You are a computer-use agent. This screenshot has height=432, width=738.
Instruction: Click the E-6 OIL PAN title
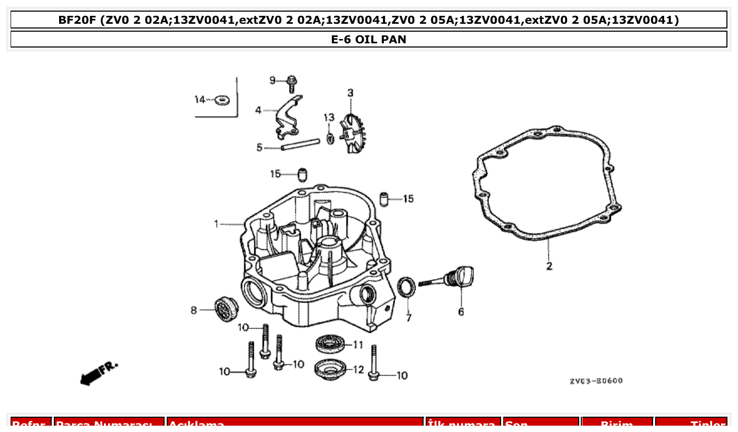tap(369, 40)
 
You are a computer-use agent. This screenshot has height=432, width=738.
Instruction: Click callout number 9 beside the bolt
tap(272, 80)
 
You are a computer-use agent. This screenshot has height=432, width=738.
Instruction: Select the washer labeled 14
tap(222, 99)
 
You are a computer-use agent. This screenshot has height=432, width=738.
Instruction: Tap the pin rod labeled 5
tap(300, 144)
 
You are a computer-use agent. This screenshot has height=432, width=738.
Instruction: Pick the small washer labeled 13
tap(330, 138)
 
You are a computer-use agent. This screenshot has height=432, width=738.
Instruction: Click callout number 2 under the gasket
tap(549, 266)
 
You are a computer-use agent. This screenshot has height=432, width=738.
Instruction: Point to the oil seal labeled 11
tap(331, 345)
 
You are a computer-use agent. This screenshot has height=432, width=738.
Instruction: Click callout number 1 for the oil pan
tap(216, 224)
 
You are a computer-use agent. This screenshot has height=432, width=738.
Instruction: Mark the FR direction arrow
tap(98, 372)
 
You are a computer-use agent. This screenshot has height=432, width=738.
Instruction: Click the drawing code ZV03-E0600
tap(596, 381)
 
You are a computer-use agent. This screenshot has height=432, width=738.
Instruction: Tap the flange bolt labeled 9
tap(291, 83)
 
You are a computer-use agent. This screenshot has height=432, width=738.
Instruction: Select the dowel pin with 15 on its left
tap(302, 174)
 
